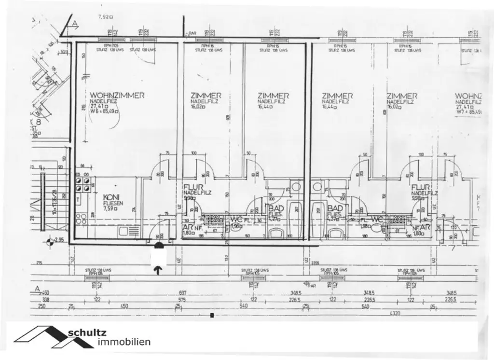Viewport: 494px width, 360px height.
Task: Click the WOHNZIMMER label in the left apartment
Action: coord(117,96)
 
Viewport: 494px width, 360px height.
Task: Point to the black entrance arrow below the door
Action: coord(158,270)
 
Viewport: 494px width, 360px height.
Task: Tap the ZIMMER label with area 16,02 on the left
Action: coord(206,96)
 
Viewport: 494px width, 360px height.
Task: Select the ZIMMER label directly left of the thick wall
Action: coord(273,96)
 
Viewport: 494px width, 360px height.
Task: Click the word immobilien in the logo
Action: coord(123,342)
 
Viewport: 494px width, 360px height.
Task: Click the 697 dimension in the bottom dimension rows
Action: coord(182,293)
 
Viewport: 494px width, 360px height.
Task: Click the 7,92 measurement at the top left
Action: coord(103,16)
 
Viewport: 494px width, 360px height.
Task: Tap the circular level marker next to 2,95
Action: coord(49,241)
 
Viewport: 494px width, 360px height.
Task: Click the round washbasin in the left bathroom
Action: coord(296,187)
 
